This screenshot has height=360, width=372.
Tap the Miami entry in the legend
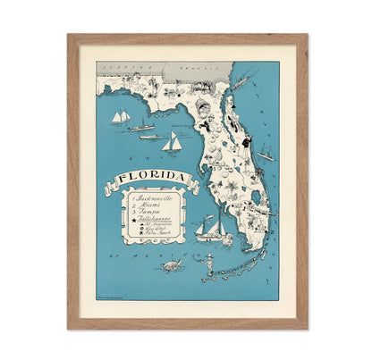coord(144,205)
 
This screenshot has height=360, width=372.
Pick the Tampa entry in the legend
coord(144,215)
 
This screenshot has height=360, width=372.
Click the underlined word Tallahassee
coord(151,225)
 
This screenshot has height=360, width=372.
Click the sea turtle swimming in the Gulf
coord(169,265)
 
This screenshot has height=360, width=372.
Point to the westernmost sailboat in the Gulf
coord(120,117)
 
